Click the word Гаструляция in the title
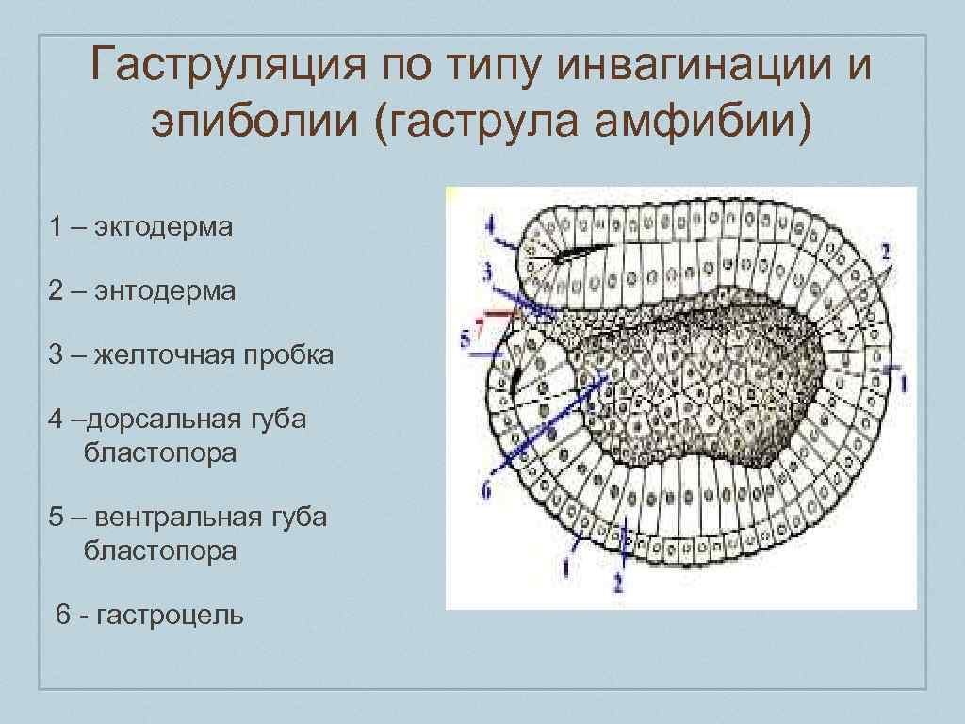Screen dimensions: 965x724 click(x=224, y=68)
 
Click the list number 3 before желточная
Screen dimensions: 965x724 click(x=57, y=355)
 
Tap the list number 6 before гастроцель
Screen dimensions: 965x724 click(x=63, y=616)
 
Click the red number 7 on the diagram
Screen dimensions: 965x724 click(x=480, y=329)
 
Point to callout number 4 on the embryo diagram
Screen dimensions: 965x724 click(x=489, y=226)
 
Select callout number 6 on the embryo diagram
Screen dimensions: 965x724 click(x=486, y=490)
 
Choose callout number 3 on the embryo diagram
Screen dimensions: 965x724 click(x=487, y=273)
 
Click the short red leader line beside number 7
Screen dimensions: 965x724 click(x=500, y=312)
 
